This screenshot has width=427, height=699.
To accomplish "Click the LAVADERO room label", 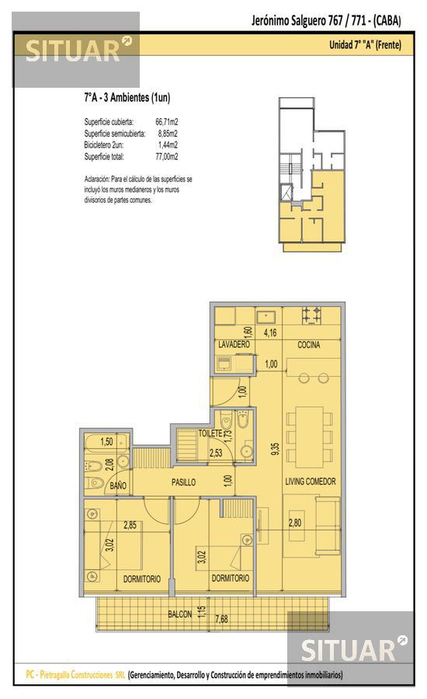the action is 234,345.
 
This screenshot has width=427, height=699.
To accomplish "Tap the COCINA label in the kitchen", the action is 309,345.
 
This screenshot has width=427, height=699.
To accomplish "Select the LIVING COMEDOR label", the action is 311,482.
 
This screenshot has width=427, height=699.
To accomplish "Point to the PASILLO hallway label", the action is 184,482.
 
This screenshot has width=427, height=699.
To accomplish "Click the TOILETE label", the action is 210,433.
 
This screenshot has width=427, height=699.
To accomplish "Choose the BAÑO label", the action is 118,486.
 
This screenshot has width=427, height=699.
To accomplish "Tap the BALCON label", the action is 179,614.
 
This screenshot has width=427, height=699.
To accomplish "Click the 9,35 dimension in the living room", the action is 275,449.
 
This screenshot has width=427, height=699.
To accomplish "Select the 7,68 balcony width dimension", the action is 221,619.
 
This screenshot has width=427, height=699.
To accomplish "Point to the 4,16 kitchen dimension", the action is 270,332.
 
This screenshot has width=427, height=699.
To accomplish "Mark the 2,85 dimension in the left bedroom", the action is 130,525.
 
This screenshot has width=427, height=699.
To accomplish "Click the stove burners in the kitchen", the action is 312,315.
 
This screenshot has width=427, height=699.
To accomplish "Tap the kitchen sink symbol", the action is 266,317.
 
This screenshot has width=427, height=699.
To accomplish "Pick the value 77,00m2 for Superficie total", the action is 167,156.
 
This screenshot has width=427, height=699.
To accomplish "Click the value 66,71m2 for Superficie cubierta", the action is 167,121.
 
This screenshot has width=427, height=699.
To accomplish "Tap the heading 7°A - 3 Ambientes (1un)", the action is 127,98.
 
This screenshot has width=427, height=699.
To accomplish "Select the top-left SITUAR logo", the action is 76,50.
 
